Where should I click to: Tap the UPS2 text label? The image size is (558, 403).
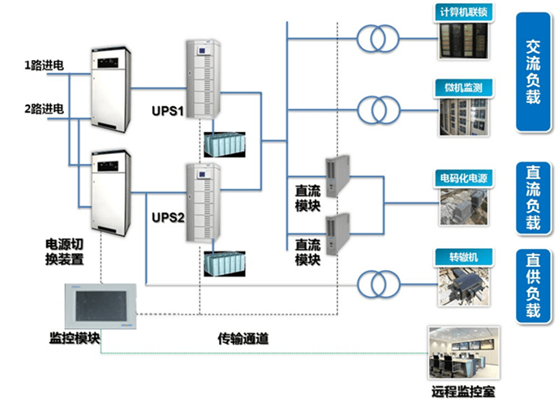[x=168, y=219]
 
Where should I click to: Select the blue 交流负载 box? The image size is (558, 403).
[x=533, y=73]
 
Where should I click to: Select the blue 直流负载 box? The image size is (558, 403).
[x=533, y=197]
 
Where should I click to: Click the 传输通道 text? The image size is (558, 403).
[x=243, y=338]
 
